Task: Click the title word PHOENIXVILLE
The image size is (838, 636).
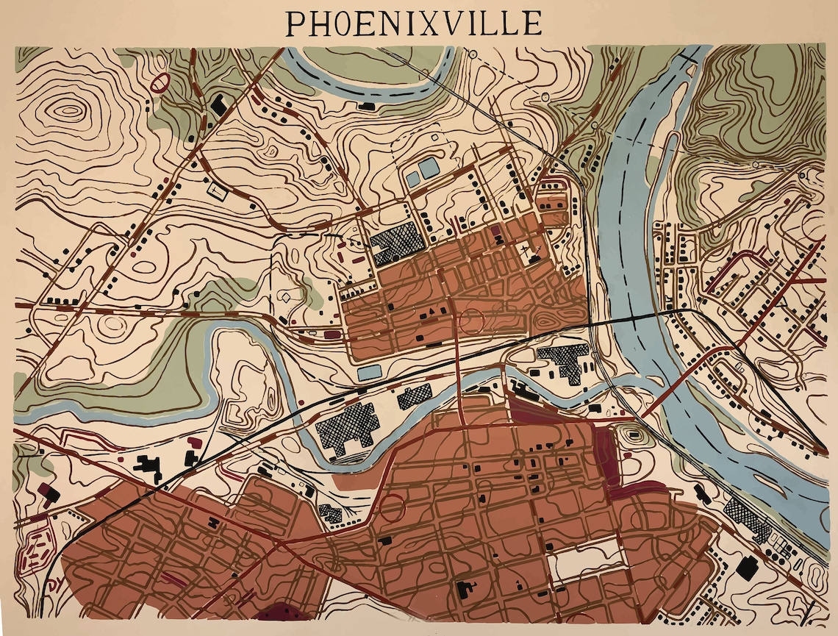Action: [413, 23]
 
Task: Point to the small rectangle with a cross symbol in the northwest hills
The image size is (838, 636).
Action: [218, 190]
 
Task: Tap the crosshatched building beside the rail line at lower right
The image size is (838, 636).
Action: [746, 518]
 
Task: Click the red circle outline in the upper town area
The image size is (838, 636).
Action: [470, 321]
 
